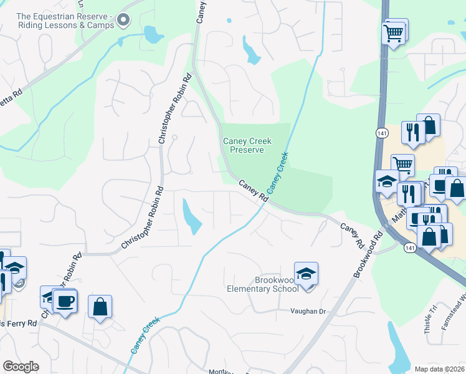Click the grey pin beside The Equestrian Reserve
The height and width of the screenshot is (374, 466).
tap(123, 20)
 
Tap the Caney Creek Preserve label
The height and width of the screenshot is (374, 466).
tap(247, 146)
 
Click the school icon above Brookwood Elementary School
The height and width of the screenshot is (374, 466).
tap(306, 274)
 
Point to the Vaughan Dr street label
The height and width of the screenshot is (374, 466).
tap(308, 310)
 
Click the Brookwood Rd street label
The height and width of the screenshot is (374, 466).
tap(366, 254)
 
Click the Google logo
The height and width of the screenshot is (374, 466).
tap(21, 366)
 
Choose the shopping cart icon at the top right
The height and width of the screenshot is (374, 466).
tap(394, 32)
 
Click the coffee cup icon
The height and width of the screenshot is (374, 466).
tap(65, 302)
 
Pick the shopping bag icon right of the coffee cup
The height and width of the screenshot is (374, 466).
tap(100, 307)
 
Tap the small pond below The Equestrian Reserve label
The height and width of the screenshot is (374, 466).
tap(151, 34)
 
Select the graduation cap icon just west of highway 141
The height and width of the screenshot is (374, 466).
tap(387, 183)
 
